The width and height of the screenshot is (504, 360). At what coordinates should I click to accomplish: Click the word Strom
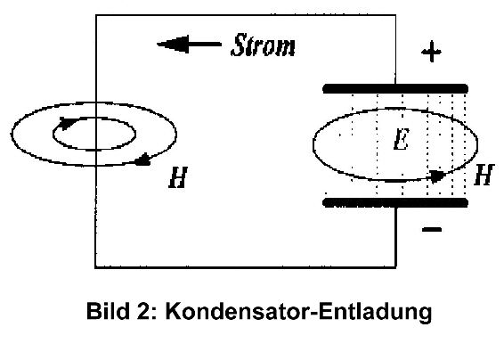point(263,45)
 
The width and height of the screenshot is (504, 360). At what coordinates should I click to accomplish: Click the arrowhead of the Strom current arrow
point(173,45)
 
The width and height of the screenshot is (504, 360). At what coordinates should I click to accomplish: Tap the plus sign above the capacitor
point(431,52)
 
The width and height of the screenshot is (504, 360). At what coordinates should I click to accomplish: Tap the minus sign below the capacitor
point(432,229)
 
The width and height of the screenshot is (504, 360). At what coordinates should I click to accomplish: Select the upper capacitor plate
point(395,88)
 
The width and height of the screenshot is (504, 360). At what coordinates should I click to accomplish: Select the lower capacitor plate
point(395,202)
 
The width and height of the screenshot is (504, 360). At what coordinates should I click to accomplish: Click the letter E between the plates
point(402,140)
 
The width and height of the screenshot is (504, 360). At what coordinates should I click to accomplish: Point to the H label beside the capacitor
point(484,175)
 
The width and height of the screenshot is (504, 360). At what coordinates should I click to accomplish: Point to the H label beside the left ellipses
point(178,177)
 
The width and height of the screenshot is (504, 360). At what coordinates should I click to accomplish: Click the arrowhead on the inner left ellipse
point(67,123)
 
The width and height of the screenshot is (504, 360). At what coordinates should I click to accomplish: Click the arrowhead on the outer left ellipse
point(142,160)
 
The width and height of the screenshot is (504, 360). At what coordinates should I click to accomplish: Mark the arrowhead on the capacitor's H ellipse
point(437,176)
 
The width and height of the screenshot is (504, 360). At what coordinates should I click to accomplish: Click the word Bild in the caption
point(108,311)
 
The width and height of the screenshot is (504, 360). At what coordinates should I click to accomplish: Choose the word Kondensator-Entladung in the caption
point(298,311)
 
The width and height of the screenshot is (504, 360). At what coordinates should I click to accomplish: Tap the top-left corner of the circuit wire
point(96,15)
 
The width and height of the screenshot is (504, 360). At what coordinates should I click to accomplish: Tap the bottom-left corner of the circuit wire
point(95,267)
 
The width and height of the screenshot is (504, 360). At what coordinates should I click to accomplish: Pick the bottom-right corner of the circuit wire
point(396,267)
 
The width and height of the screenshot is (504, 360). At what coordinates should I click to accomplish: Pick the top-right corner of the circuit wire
point(395,15)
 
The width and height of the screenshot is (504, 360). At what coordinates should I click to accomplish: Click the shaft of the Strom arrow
point(205,45)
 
